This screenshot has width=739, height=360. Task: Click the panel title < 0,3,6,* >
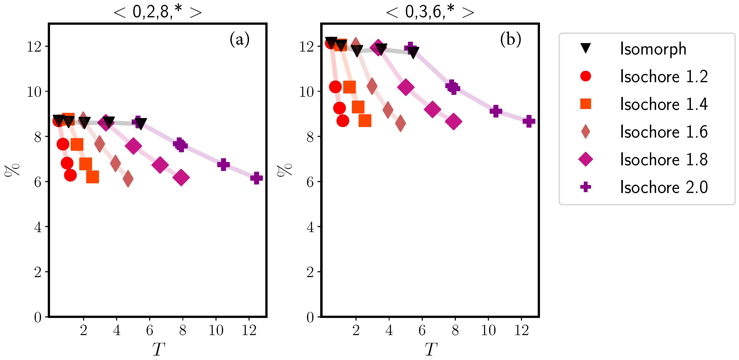click(x=430, y=12)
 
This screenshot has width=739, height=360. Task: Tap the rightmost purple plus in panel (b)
click(x=529, y=121)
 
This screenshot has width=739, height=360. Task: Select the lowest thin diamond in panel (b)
click(x=400, y=123)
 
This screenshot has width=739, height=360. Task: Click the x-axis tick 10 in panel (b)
click(x=488, y=330)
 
